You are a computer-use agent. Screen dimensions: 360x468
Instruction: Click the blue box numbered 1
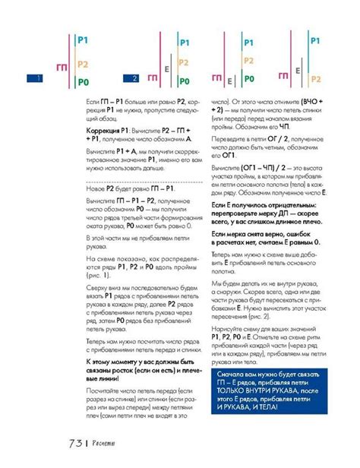tap(33, 78)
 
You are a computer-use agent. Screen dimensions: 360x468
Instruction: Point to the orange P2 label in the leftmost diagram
tap(84, 64)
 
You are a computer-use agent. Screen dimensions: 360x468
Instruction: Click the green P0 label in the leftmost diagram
tap(84, 81)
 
